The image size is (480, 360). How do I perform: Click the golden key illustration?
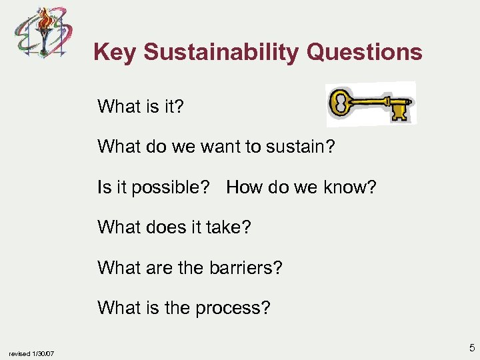(371, 105)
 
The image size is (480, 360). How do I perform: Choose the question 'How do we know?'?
(301, 187)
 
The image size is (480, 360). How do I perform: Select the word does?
(164, 227)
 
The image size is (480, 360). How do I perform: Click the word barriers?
(243, 268)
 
